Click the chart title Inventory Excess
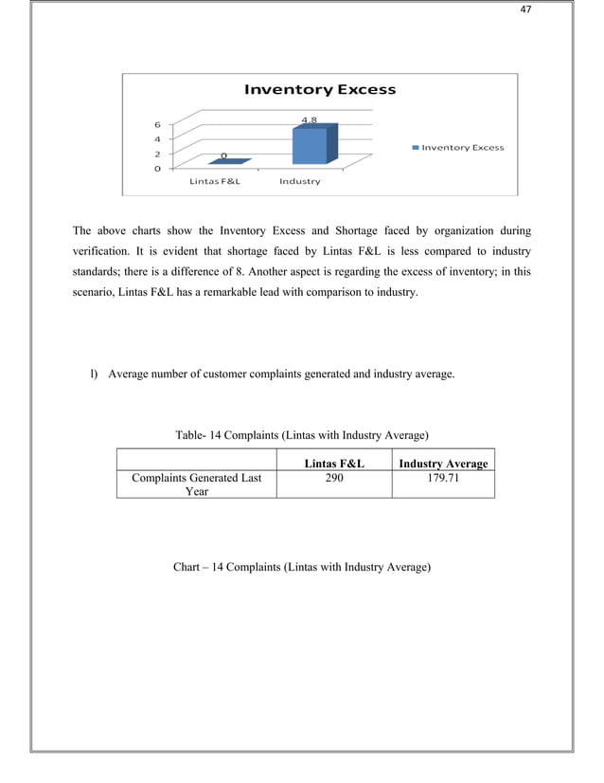click(320, 90)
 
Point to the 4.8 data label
click(309, 120)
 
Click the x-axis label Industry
click(299, 181)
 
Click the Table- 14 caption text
click(302, 435)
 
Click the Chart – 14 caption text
click(302, 567)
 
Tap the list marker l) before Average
click(94, 373)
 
